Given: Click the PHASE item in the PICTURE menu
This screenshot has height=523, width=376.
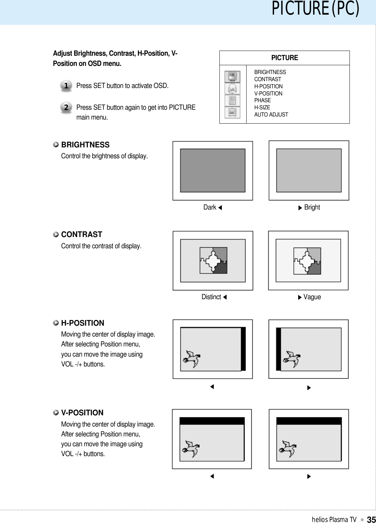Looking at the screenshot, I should (x=263, y=101).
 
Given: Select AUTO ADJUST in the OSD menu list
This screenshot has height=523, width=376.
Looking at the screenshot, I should (x=271, y=115).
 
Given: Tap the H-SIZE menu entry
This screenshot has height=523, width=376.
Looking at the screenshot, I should (x=262, y=108).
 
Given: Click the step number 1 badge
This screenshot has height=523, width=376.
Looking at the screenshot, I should (x=66, y=86).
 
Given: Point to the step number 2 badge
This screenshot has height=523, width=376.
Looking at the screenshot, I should (x=66, y=107).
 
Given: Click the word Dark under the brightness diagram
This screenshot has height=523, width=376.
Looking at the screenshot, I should (x=210, y=208).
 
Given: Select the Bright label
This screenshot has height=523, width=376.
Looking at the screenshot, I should (x=312, y=208).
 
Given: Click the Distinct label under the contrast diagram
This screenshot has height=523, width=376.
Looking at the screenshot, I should (x=211, y=297).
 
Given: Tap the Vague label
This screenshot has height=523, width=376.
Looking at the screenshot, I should (x=312, y=297).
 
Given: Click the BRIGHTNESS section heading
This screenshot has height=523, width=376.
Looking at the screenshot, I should (x=85, y=145).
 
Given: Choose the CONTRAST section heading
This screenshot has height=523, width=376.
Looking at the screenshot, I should (x=82, y=235).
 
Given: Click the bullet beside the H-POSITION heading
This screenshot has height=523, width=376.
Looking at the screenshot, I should (x=56, y=323).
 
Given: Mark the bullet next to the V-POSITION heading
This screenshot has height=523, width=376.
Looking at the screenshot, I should (x=56, y=412).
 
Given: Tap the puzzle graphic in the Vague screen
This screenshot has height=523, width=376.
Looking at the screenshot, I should (x=307, y=261).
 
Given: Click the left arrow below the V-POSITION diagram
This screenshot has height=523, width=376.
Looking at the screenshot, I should (x=212, y=476).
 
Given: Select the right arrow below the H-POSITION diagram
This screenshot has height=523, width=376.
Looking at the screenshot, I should (x=309, y=387).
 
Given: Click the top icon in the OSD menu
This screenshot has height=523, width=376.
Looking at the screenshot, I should (x=232, y=77).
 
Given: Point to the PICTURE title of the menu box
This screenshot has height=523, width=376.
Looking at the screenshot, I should (x=285, y=58).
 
